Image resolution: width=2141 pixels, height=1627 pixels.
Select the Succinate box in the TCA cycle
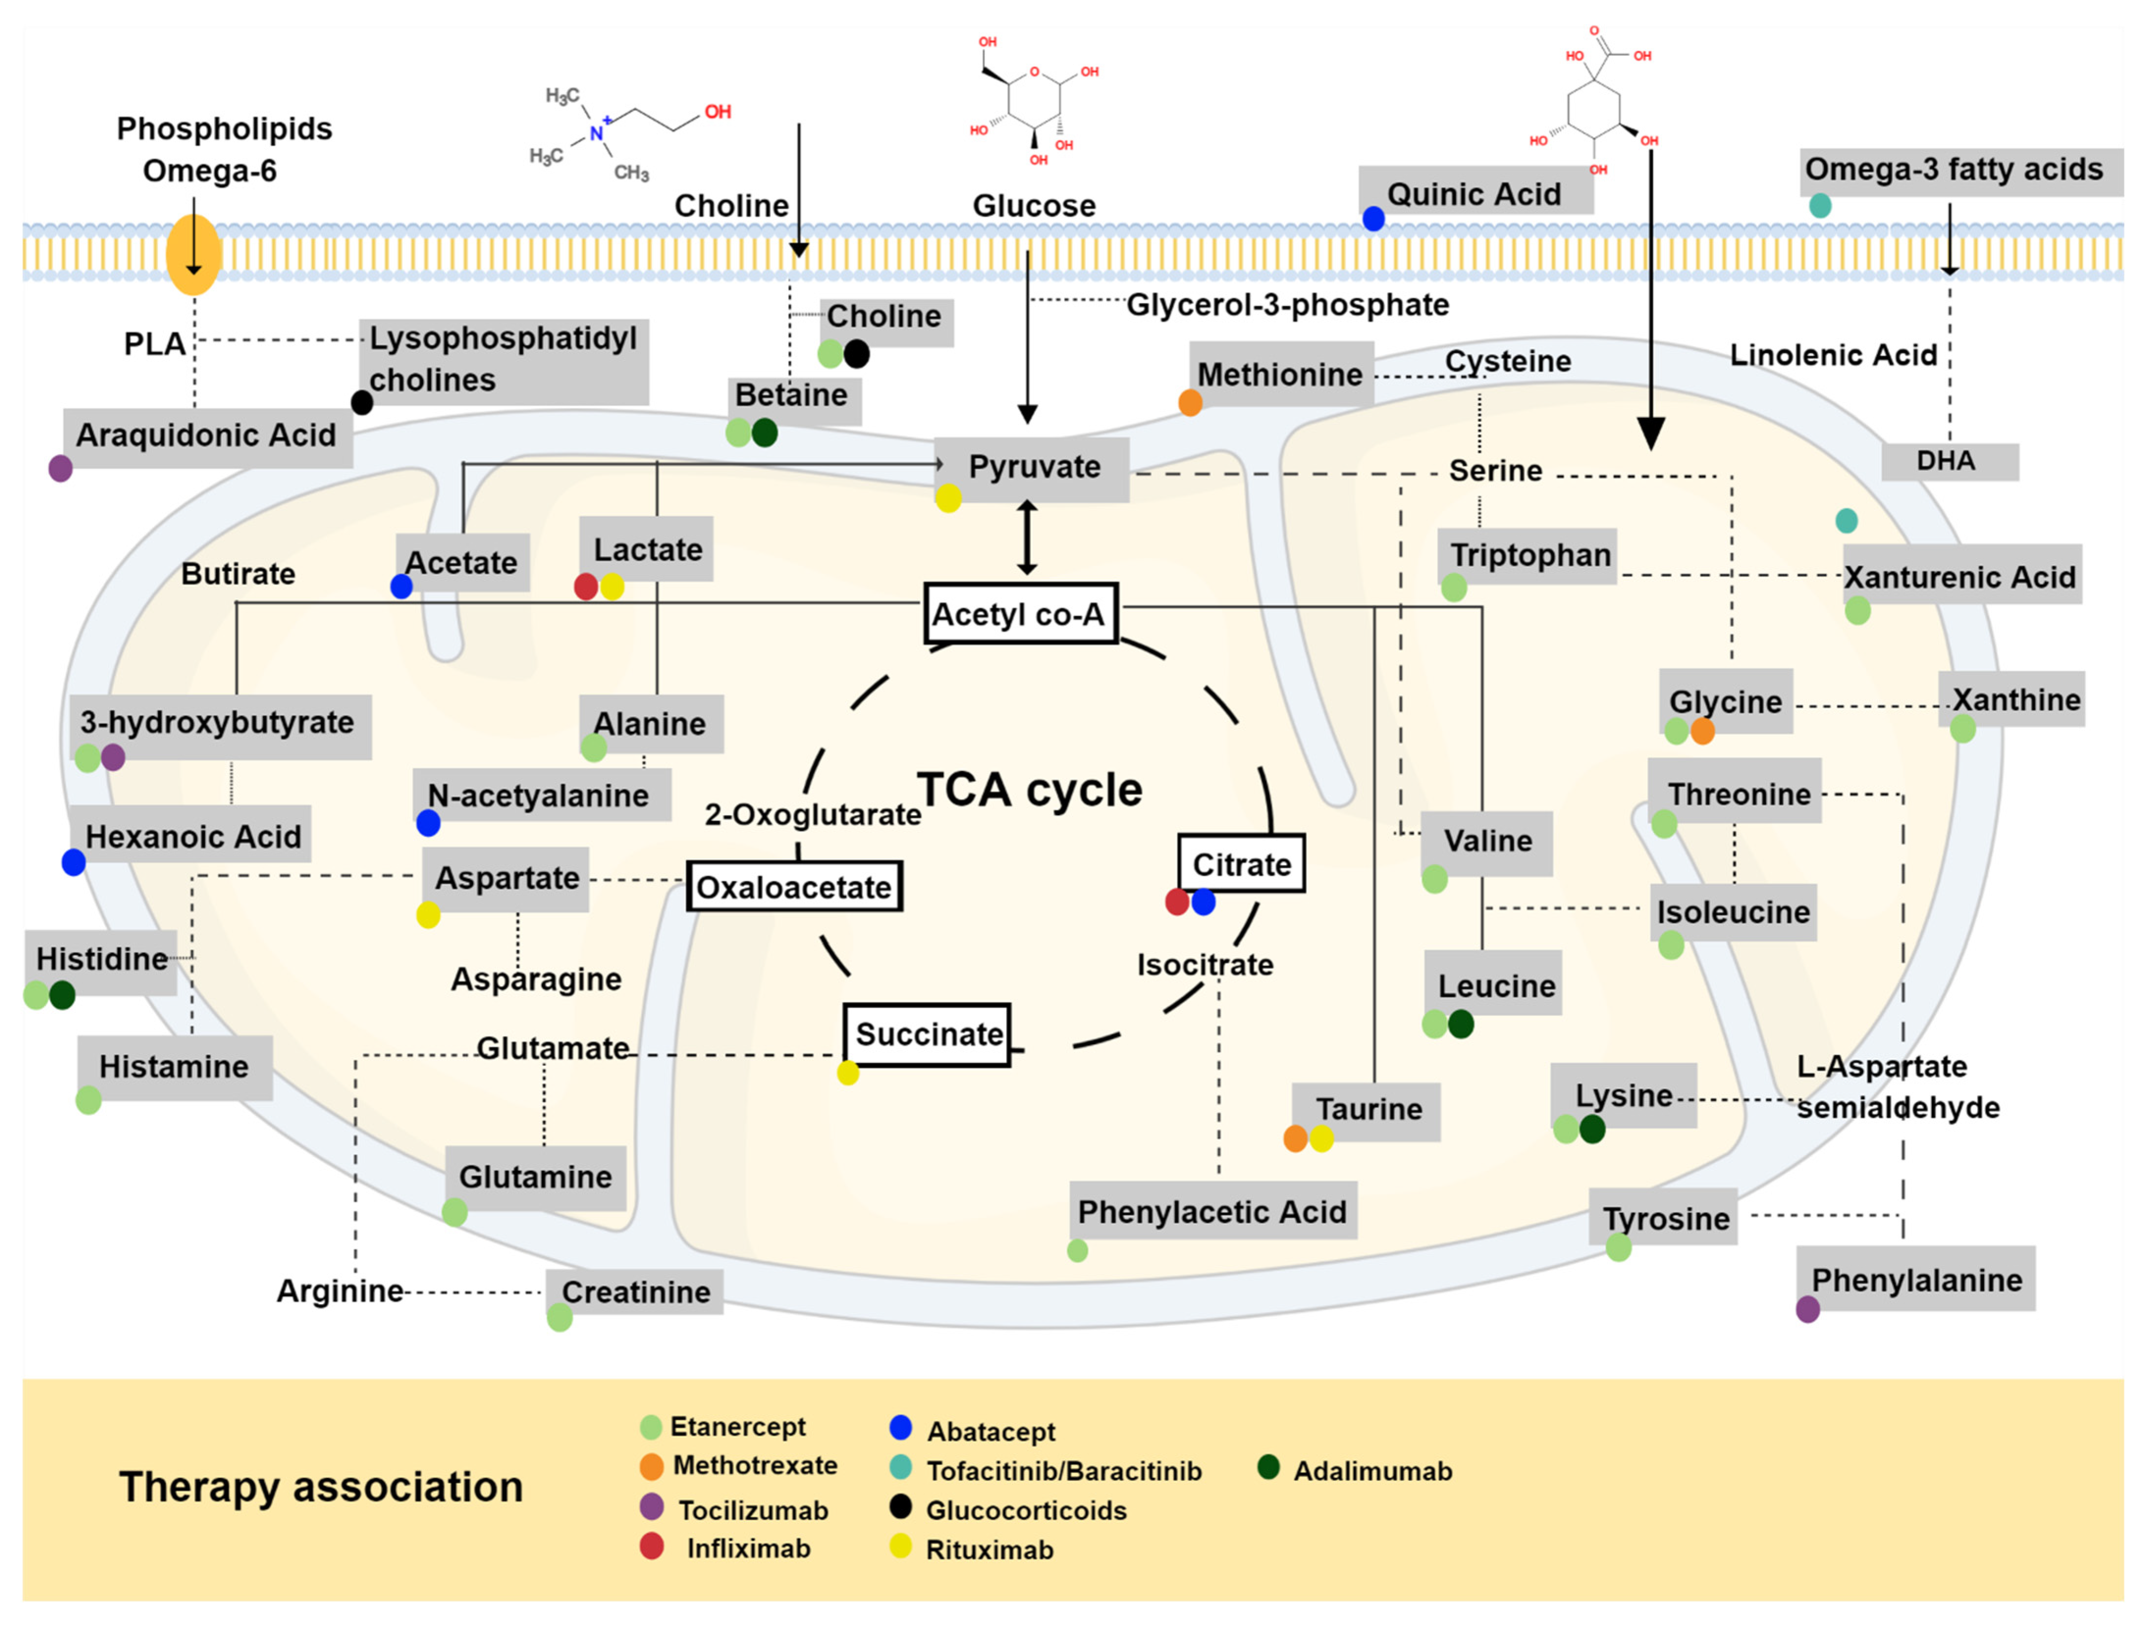pos(927,1034)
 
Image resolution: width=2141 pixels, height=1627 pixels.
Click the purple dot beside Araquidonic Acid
pos(60,469)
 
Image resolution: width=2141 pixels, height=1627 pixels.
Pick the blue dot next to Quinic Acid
pos(1373,219)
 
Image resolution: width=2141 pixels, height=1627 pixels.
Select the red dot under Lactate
pos(585,587)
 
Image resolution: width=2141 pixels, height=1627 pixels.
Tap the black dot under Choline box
pos(856,355)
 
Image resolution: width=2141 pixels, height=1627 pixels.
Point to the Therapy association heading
pos(320,1487)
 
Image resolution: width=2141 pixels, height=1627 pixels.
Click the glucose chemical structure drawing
pos(1033,102)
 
